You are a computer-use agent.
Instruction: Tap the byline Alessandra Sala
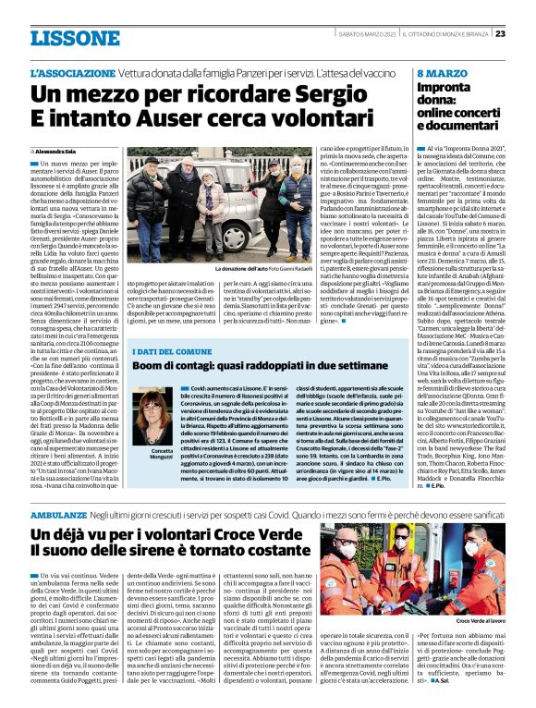[x=57, y=150]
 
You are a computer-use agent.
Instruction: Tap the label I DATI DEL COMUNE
[x=171, y=352]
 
